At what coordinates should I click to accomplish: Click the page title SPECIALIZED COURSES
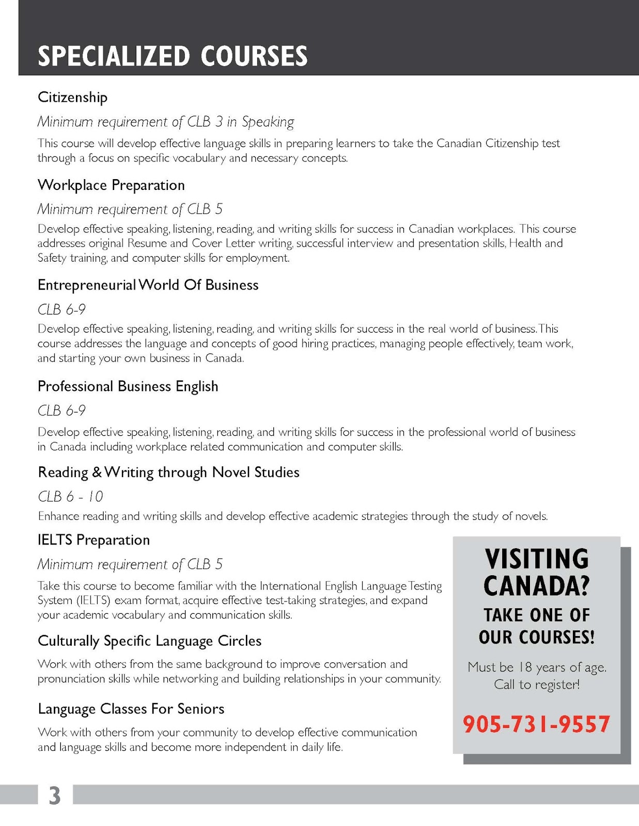tap(173, 56)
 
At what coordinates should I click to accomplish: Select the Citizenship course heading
tap(72, 97)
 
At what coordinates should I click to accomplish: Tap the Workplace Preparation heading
tap(111, 185)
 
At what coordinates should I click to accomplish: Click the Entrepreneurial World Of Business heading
tap(148, 285)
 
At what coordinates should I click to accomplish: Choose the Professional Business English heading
tap(128, 386)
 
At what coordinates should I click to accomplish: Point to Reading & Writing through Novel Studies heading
tap(168, 472)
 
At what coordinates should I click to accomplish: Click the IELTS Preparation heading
tap(93, 540)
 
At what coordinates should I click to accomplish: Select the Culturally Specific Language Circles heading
tap(149, 641)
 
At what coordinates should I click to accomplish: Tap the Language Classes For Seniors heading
tap(131, 709)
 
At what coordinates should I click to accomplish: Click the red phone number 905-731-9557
tap(536, 724)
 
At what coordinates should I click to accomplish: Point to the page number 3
tap(55, 796)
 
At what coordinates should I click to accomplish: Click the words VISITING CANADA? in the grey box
tap(537, 572)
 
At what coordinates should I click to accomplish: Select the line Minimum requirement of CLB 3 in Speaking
tap(165, 122)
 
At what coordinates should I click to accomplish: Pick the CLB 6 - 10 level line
tap(70, 497)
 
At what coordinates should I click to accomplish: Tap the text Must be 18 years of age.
tap(537, 667)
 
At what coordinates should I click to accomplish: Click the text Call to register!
tap(537, 685)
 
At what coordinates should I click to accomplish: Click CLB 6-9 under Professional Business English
tap(61, 411)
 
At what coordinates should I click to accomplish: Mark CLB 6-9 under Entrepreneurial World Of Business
tap(61, 310)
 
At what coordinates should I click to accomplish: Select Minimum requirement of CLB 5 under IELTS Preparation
tap(130, 564)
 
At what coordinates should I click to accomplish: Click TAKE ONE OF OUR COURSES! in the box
tap(537, 626)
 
